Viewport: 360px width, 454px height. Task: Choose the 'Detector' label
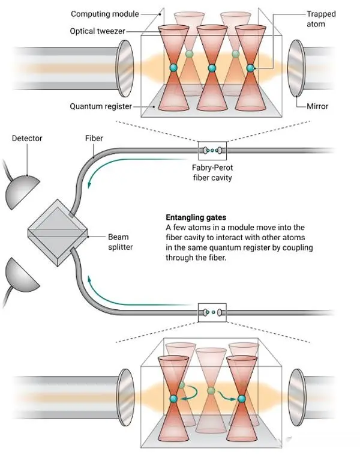pyautogui.click(x=28, y=139)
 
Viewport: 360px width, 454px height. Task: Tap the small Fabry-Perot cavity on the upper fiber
pyautogui.click(x=211, y=149)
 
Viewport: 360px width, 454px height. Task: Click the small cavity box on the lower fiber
pyautogui.click(x=211, y=312)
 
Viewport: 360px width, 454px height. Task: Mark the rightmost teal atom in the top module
pyautogui.click(x=250, y=68)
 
